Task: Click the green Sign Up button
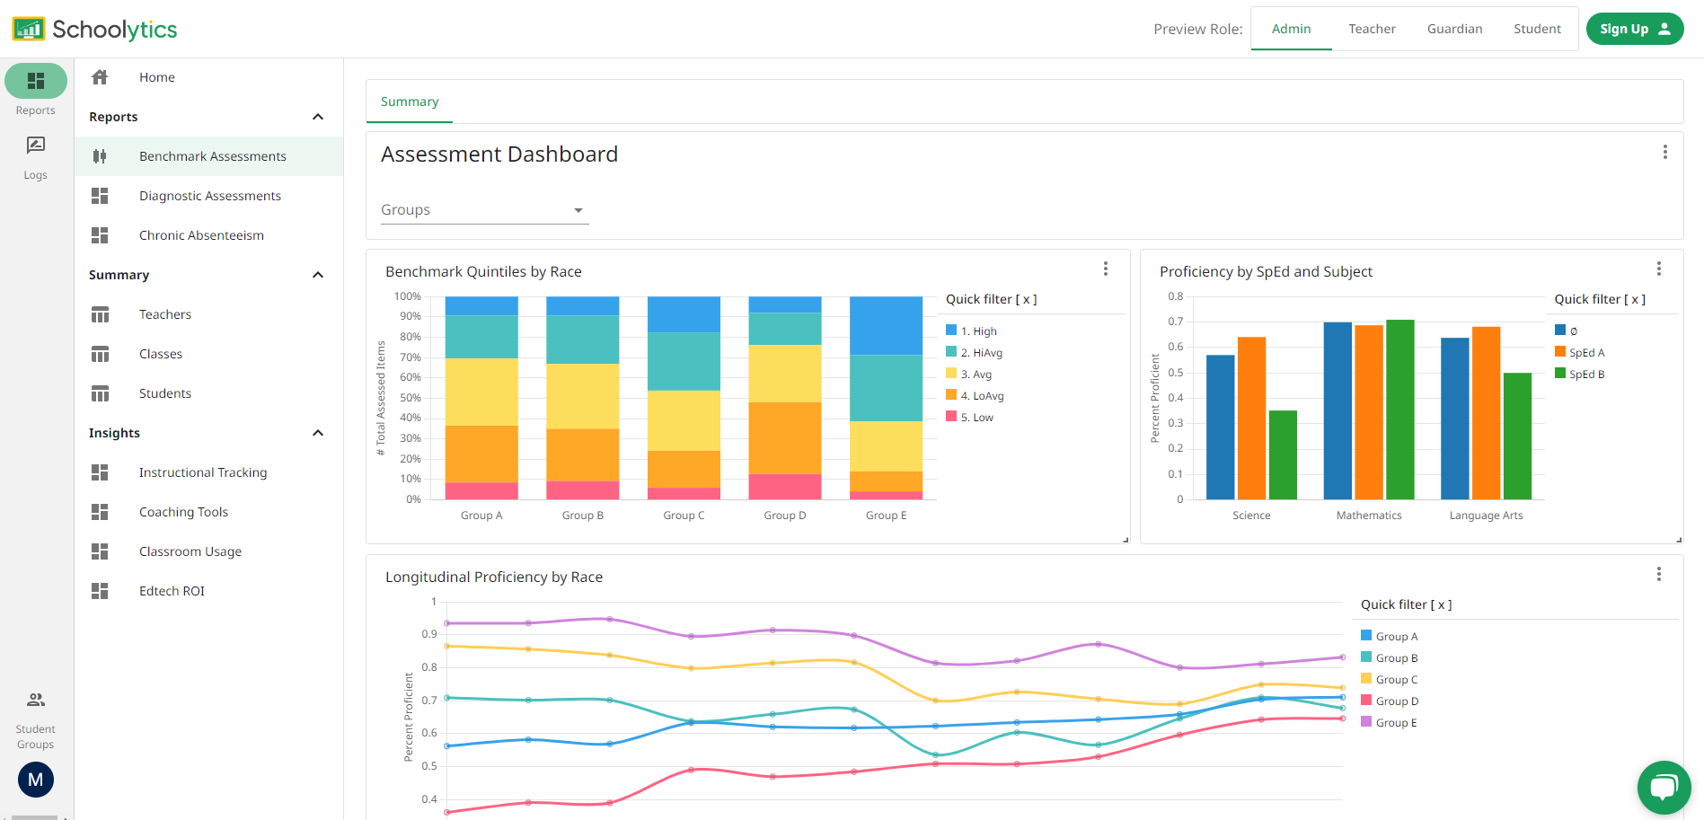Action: pos(1634,29)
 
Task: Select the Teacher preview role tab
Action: pos(1372,29)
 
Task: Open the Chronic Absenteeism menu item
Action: pos(201,235)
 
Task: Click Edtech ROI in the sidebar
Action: pos(172,591)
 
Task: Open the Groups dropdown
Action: pos(484,210)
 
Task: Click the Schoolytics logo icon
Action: pos(28,29)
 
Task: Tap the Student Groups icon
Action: pos(36,700)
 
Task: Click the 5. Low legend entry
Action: pos(976,418)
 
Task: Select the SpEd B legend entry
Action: pos(1585,375)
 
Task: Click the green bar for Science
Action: pos(1283,454)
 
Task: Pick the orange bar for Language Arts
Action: pos(1486,413)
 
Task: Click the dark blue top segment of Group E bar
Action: pos(886,325)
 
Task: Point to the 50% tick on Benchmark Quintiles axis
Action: pos(411,398)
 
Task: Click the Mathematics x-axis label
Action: pos(1368,516)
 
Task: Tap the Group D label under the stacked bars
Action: pos(784,516)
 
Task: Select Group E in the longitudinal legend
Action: pos(1395,723)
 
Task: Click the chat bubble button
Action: pos(1664,788)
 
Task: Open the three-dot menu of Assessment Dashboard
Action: pos(1664,153)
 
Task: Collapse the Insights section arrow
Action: pos(318,433)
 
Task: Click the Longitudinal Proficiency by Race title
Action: pos(493,578)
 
